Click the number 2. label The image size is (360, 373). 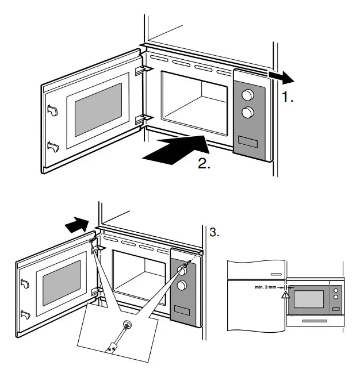click(x=204, y=163)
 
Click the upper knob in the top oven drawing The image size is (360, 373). click(x=248, y=94)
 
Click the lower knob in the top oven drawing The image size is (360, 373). click(x=248, y=113)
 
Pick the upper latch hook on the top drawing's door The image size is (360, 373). click(x=52, y=109)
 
